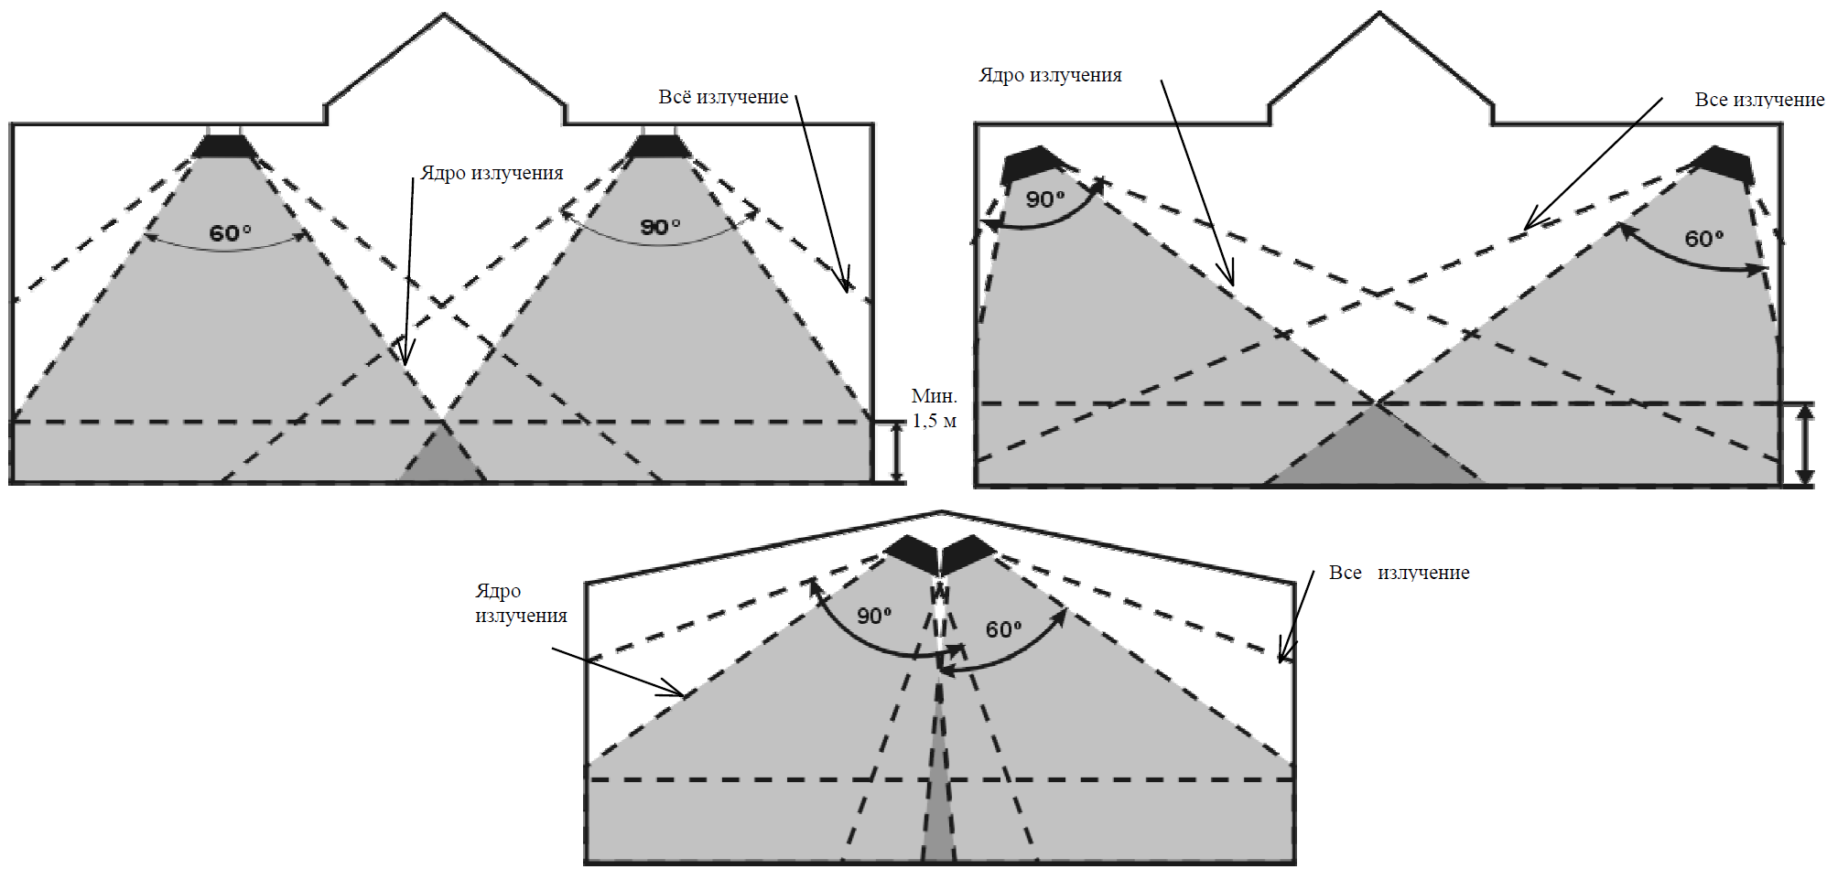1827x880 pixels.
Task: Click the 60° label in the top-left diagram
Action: click(230, 233)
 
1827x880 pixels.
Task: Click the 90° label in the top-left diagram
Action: click(660, 226)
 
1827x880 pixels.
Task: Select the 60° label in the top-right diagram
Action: click(1704, 239)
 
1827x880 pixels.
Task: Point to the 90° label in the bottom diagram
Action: click(874, 616)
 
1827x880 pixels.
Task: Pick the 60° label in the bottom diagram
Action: click(1003, 629)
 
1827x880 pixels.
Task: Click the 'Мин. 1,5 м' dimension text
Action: click(935, 408)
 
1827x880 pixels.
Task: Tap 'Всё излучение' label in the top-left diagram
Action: click(723, 97)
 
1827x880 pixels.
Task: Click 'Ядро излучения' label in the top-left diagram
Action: click(492, 173)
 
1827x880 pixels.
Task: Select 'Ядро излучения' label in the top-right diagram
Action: click(1051, 75)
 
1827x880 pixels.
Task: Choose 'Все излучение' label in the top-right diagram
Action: click(1759, 100)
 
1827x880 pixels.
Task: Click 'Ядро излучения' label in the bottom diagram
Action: click(521, 604)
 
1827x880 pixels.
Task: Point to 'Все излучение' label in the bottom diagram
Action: click(1399, 573)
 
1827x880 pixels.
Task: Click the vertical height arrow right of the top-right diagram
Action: click(1804, 444)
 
